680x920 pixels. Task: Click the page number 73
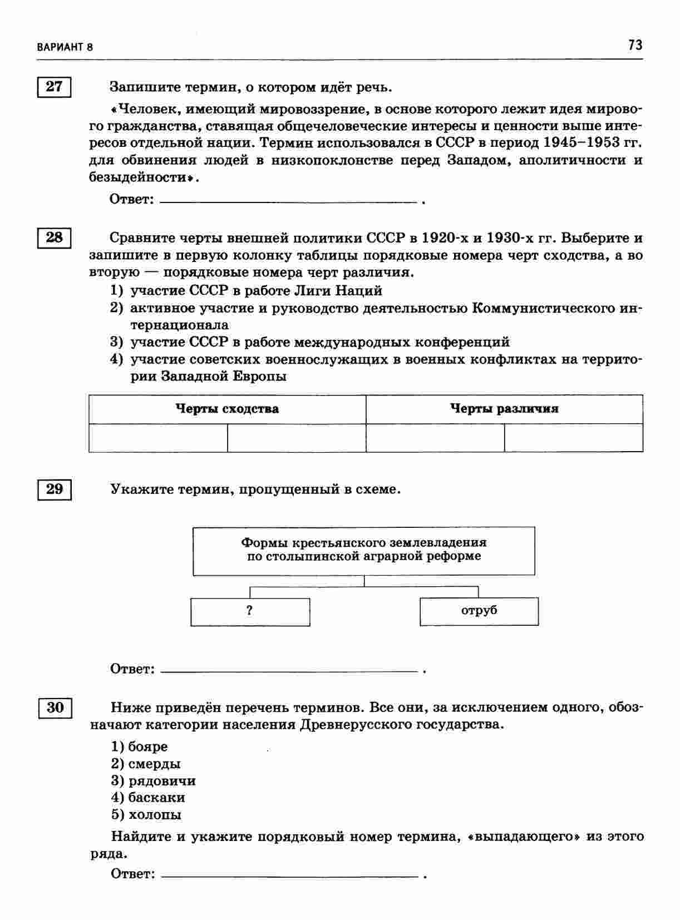[x=635, y=45]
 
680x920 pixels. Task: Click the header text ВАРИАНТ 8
[x=65, y=47]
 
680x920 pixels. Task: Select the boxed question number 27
[x=55, y=87]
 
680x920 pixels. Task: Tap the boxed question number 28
[x=55, y=238]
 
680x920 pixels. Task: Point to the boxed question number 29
[x=55, y=489]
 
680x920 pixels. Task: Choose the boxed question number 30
[x=55, y=708]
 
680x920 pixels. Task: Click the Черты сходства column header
[x=227, y=409]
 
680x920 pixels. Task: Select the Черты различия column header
[x=504, y=409]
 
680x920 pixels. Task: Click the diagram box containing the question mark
[x=250, y=611]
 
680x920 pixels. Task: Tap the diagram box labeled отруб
[x=479, y=611]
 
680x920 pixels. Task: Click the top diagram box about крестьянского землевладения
[x=364, y=550]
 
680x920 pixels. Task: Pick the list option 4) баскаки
[x=149, y=798]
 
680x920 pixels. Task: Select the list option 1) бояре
[x=140, y=746]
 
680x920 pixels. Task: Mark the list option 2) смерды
[x=146, y=764]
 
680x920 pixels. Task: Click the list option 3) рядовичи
[x=154, y=781]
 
